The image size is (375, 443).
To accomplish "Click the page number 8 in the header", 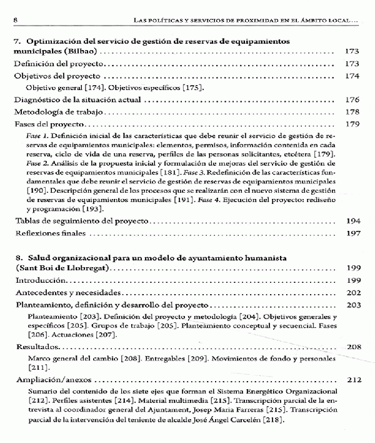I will pyautogui.click(x=14, y=20).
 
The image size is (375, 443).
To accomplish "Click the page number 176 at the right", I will pyautogui.click(x=353, y=99).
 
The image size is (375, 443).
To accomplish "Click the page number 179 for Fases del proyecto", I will pyautogui.click(x=353, y=124).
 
